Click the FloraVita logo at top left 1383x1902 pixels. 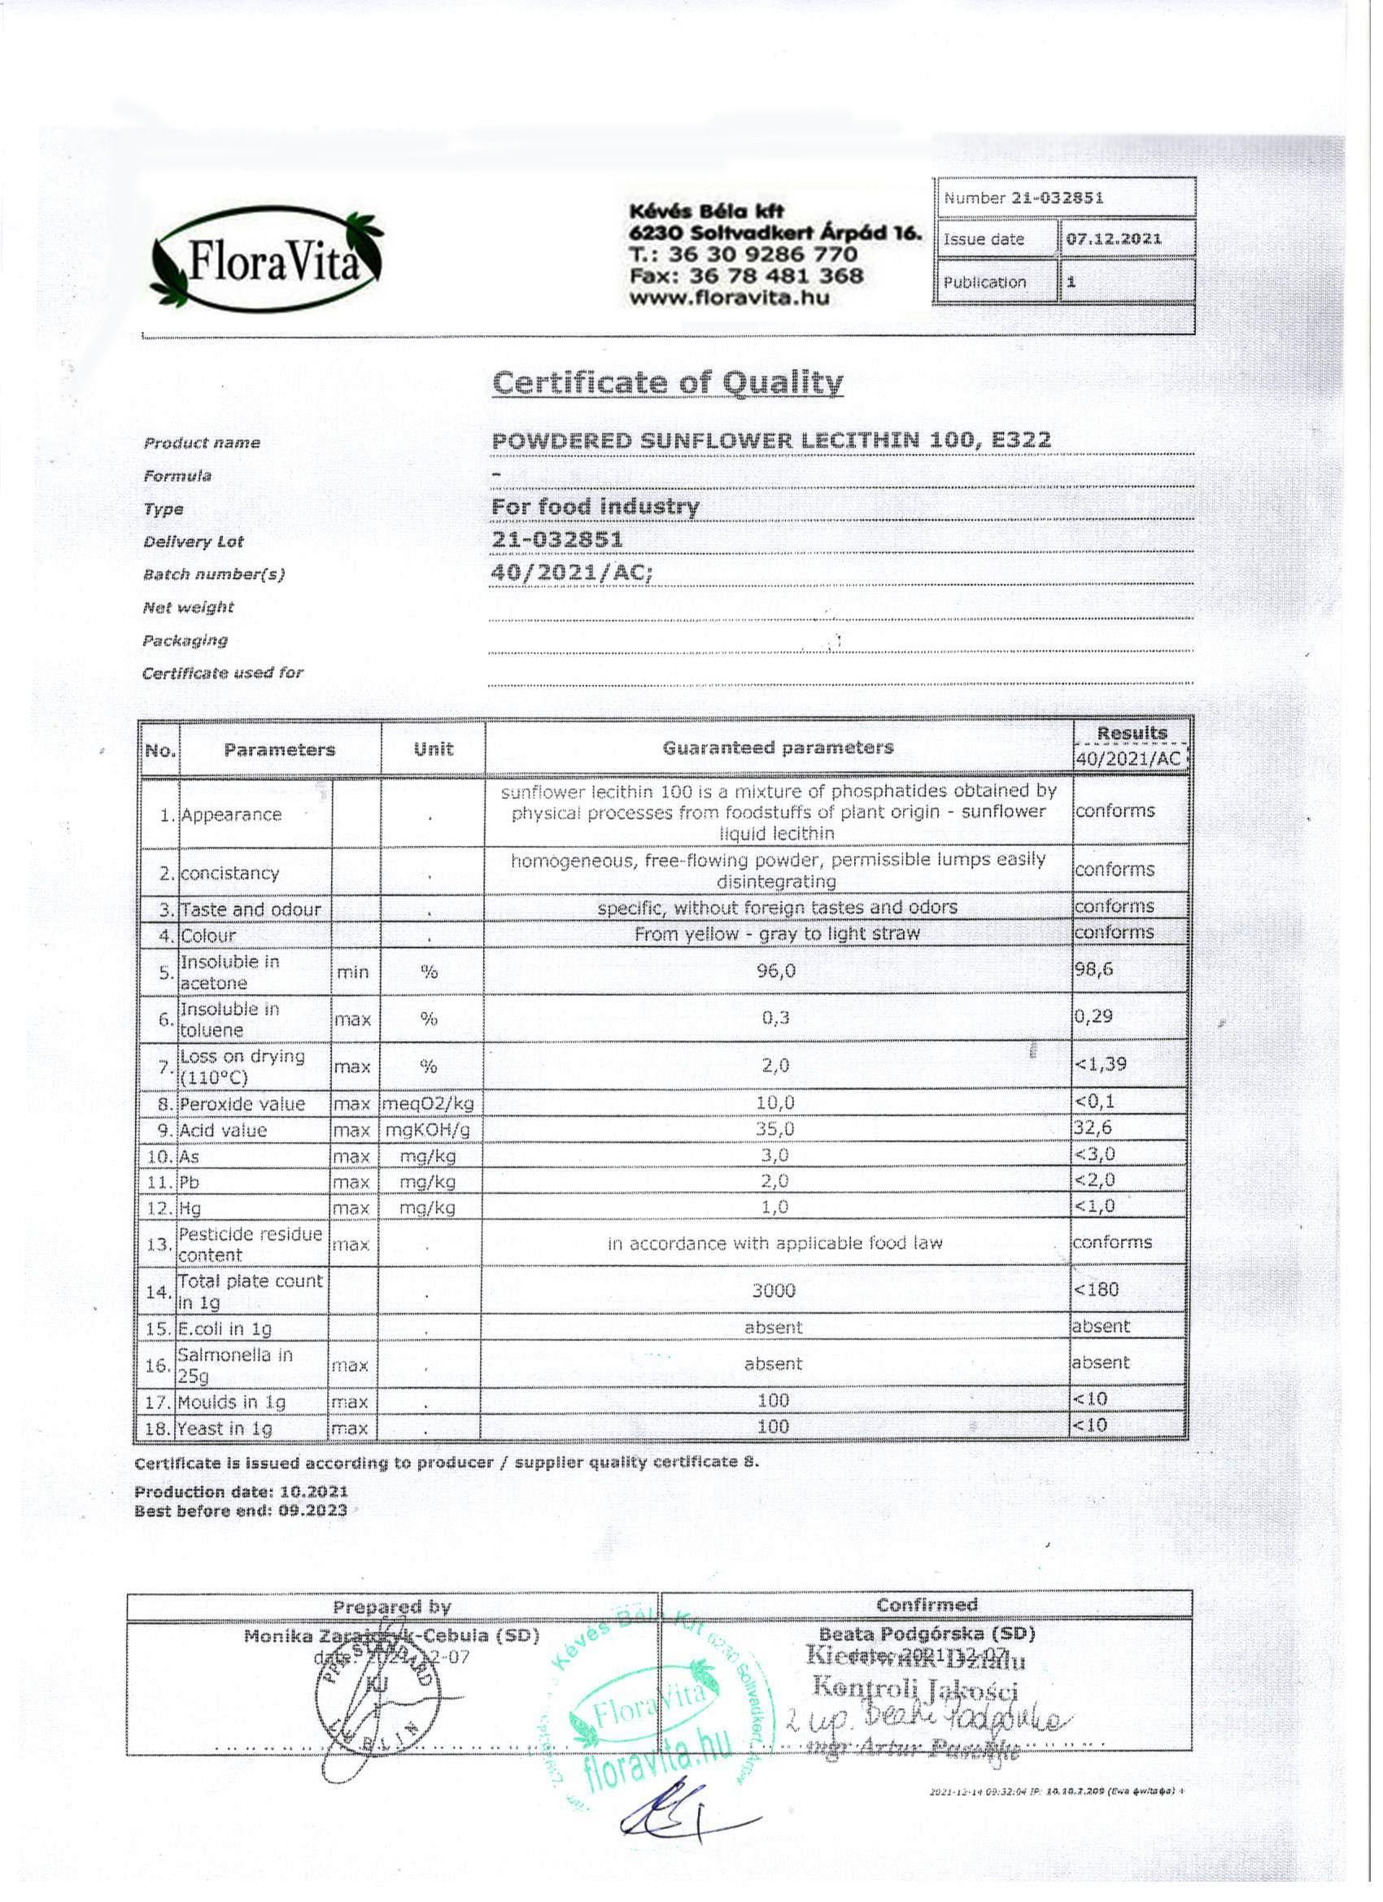pos(267,260)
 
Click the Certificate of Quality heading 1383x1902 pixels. pos(668,382)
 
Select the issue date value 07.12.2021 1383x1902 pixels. pos(1114,239)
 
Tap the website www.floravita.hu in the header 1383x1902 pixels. pos(729,298)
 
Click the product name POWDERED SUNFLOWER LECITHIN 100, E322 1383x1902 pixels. pos(770,440)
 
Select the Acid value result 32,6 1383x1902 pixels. pos(1093,1128)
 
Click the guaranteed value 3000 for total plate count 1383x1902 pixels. pos(774,1289)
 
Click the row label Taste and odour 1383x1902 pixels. pos(251,909)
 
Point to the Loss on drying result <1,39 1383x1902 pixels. pos(1101,1064)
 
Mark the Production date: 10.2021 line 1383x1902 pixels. pos(241,1492)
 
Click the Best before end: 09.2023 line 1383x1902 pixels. pos(241,1512)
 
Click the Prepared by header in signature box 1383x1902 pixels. pos(391,1607)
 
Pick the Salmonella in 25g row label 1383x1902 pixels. pos(235,1365)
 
